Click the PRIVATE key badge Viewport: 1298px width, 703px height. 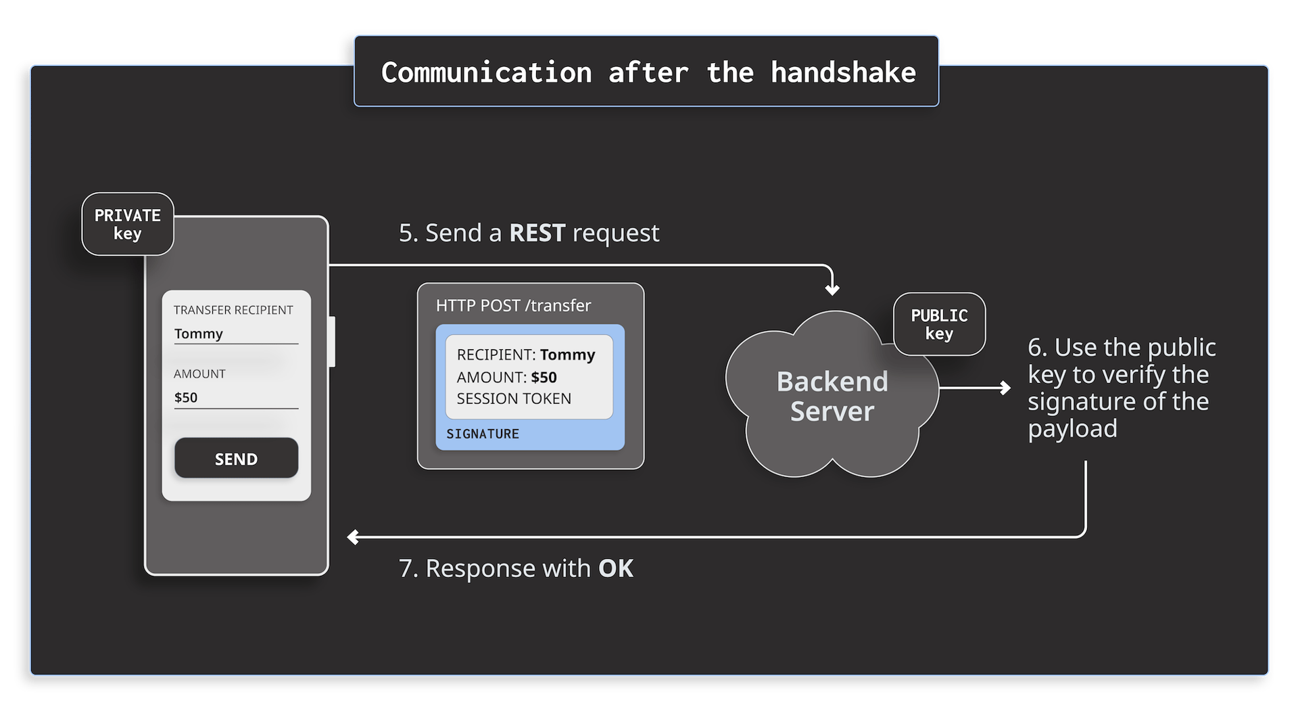click(128, 224)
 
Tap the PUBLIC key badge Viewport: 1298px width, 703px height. click(939, 324)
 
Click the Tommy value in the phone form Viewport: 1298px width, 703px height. click(198, 334)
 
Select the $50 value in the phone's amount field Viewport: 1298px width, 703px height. click(186, 397)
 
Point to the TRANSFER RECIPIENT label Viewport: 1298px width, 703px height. click(233, 310)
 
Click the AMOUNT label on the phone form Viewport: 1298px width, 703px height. click(199, 373)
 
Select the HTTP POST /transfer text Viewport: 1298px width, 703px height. click(513, 306)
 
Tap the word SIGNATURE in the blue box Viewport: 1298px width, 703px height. click(483, 434)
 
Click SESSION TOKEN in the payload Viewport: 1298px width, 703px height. click(514, 399)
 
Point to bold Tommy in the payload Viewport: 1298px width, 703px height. click(567, 355)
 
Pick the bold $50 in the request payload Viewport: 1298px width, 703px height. click(544, 377)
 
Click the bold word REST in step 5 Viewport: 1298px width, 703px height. click(537, 233)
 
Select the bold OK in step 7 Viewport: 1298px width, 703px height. click(616, 568)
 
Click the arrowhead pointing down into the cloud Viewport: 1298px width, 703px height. click(832, 290)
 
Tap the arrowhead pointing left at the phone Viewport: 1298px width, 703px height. click(353, 537)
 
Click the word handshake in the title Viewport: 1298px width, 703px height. click(843, 72)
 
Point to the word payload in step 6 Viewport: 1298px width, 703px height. click(1072, 428)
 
